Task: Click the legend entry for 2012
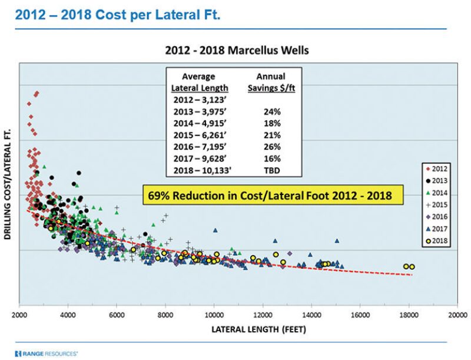[x=437, y=167]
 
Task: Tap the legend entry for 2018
[x=437, y=240]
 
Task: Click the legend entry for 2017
[x=437, y=228]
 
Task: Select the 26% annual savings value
[x=273, y=147]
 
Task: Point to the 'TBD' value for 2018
[x=273, y=170]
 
